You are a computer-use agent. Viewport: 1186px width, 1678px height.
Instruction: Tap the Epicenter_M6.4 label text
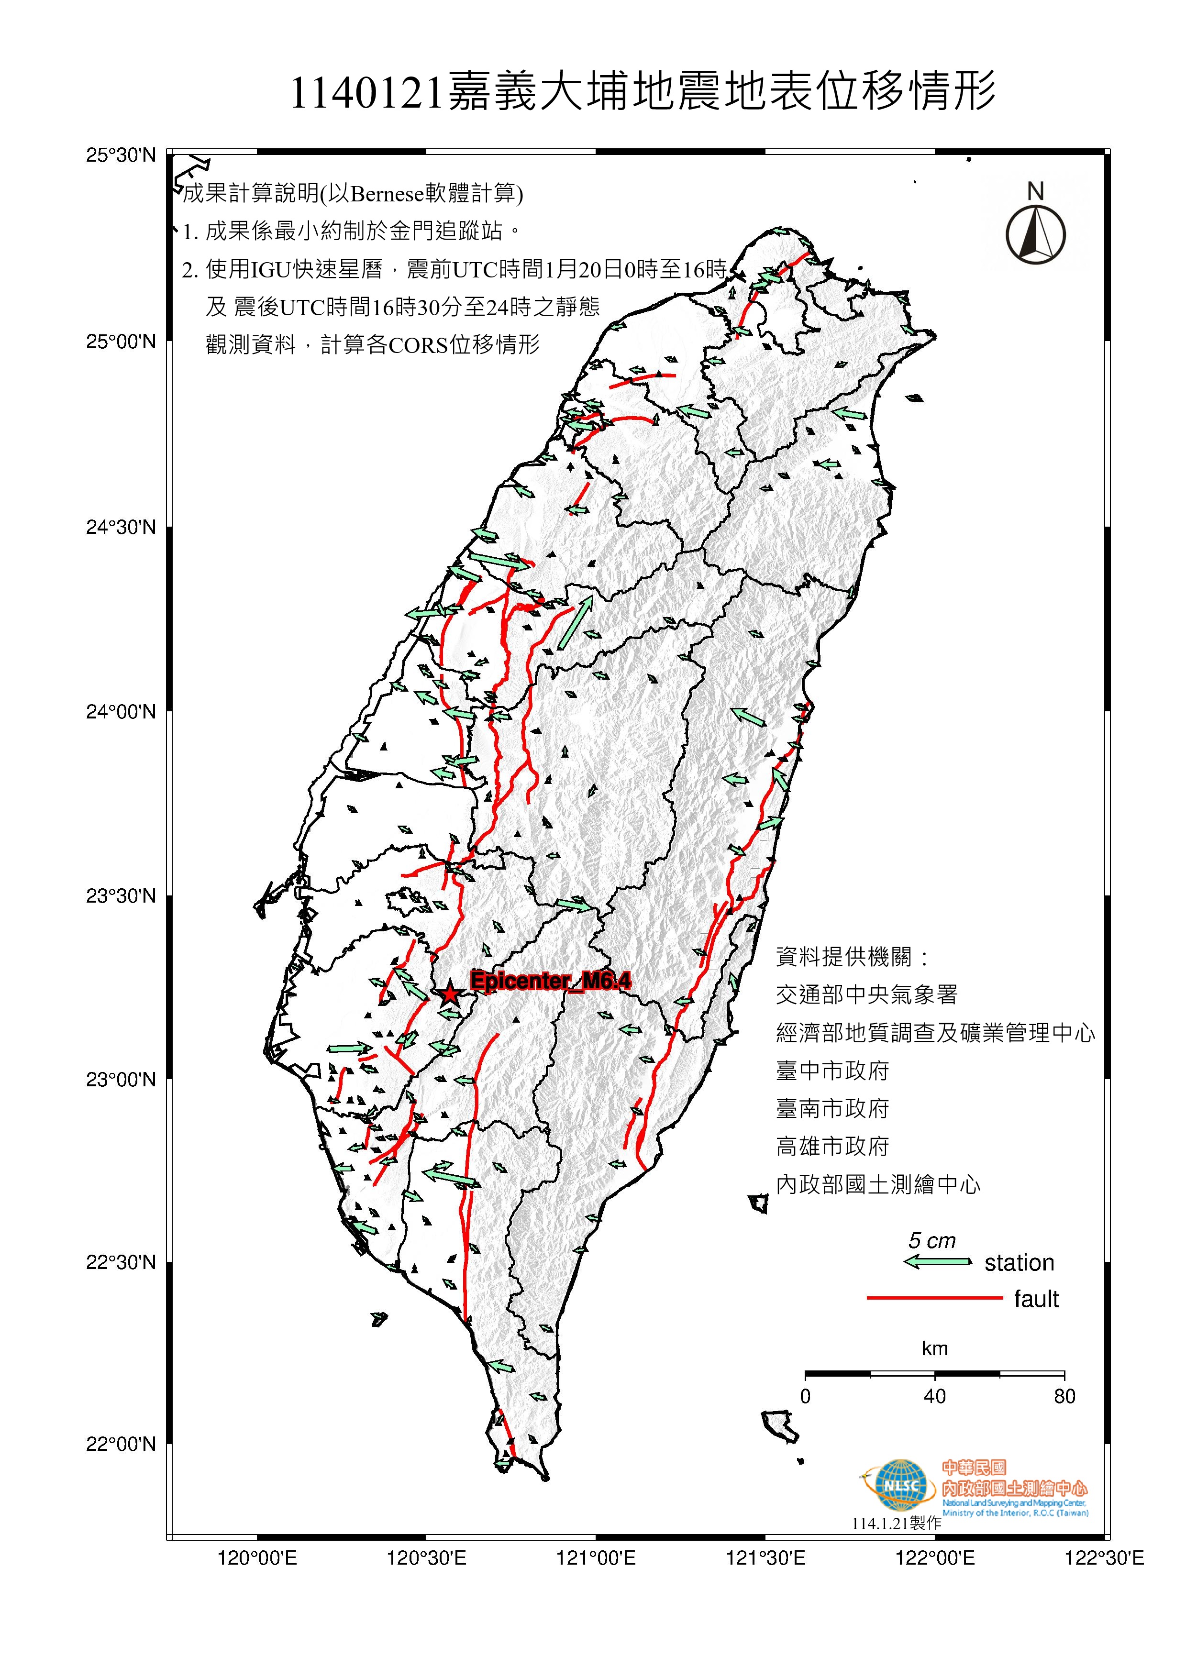(550, 981)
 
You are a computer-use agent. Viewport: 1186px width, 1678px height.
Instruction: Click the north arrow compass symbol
(1035, 234)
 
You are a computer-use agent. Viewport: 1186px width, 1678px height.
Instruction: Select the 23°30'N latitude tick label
(122, 895)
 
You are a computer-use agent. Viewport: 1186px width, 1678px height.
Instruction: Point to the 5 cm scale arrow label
(931, 1240)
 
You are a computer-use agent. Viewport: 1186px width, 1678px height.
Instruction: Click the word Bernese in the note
(388, 194)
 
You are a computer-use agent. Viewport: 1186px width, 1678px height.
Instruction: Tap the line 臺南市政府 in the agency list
(832, 1109)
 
